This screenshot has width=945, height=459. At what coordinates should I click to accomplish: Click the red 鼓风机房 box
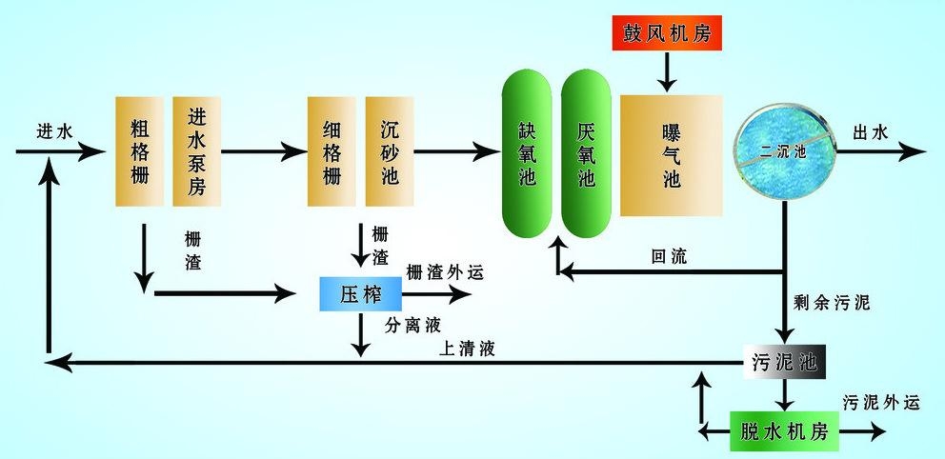(x=667, y=33)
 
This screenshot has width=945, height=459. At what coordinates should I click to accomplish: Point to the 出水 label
(x=869, y=132)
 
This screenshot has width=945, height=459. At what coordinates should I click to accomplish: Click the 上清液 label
(x=467, y=349)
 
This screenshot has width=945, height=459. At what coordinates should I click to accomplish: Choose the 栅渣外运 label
(x=445, y=272)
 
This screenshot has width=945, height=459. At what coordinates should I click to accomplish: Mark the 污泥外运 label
(x=881, y=403)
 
